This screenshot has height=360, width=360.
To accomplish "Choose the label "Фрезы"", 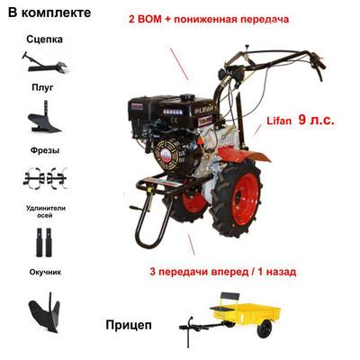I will (x=42, y=150).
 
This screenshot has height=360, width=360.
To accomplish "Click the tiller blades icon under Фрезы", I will (x=45, y=177).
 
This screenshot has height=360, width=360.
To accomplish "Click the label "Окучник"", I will (x=42, y=271).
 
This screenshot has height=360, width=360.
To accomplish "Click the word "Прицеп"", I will (x=128, y=325).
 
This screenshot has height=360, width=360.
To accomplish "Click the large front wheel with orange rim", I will (x=236, y=200).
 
